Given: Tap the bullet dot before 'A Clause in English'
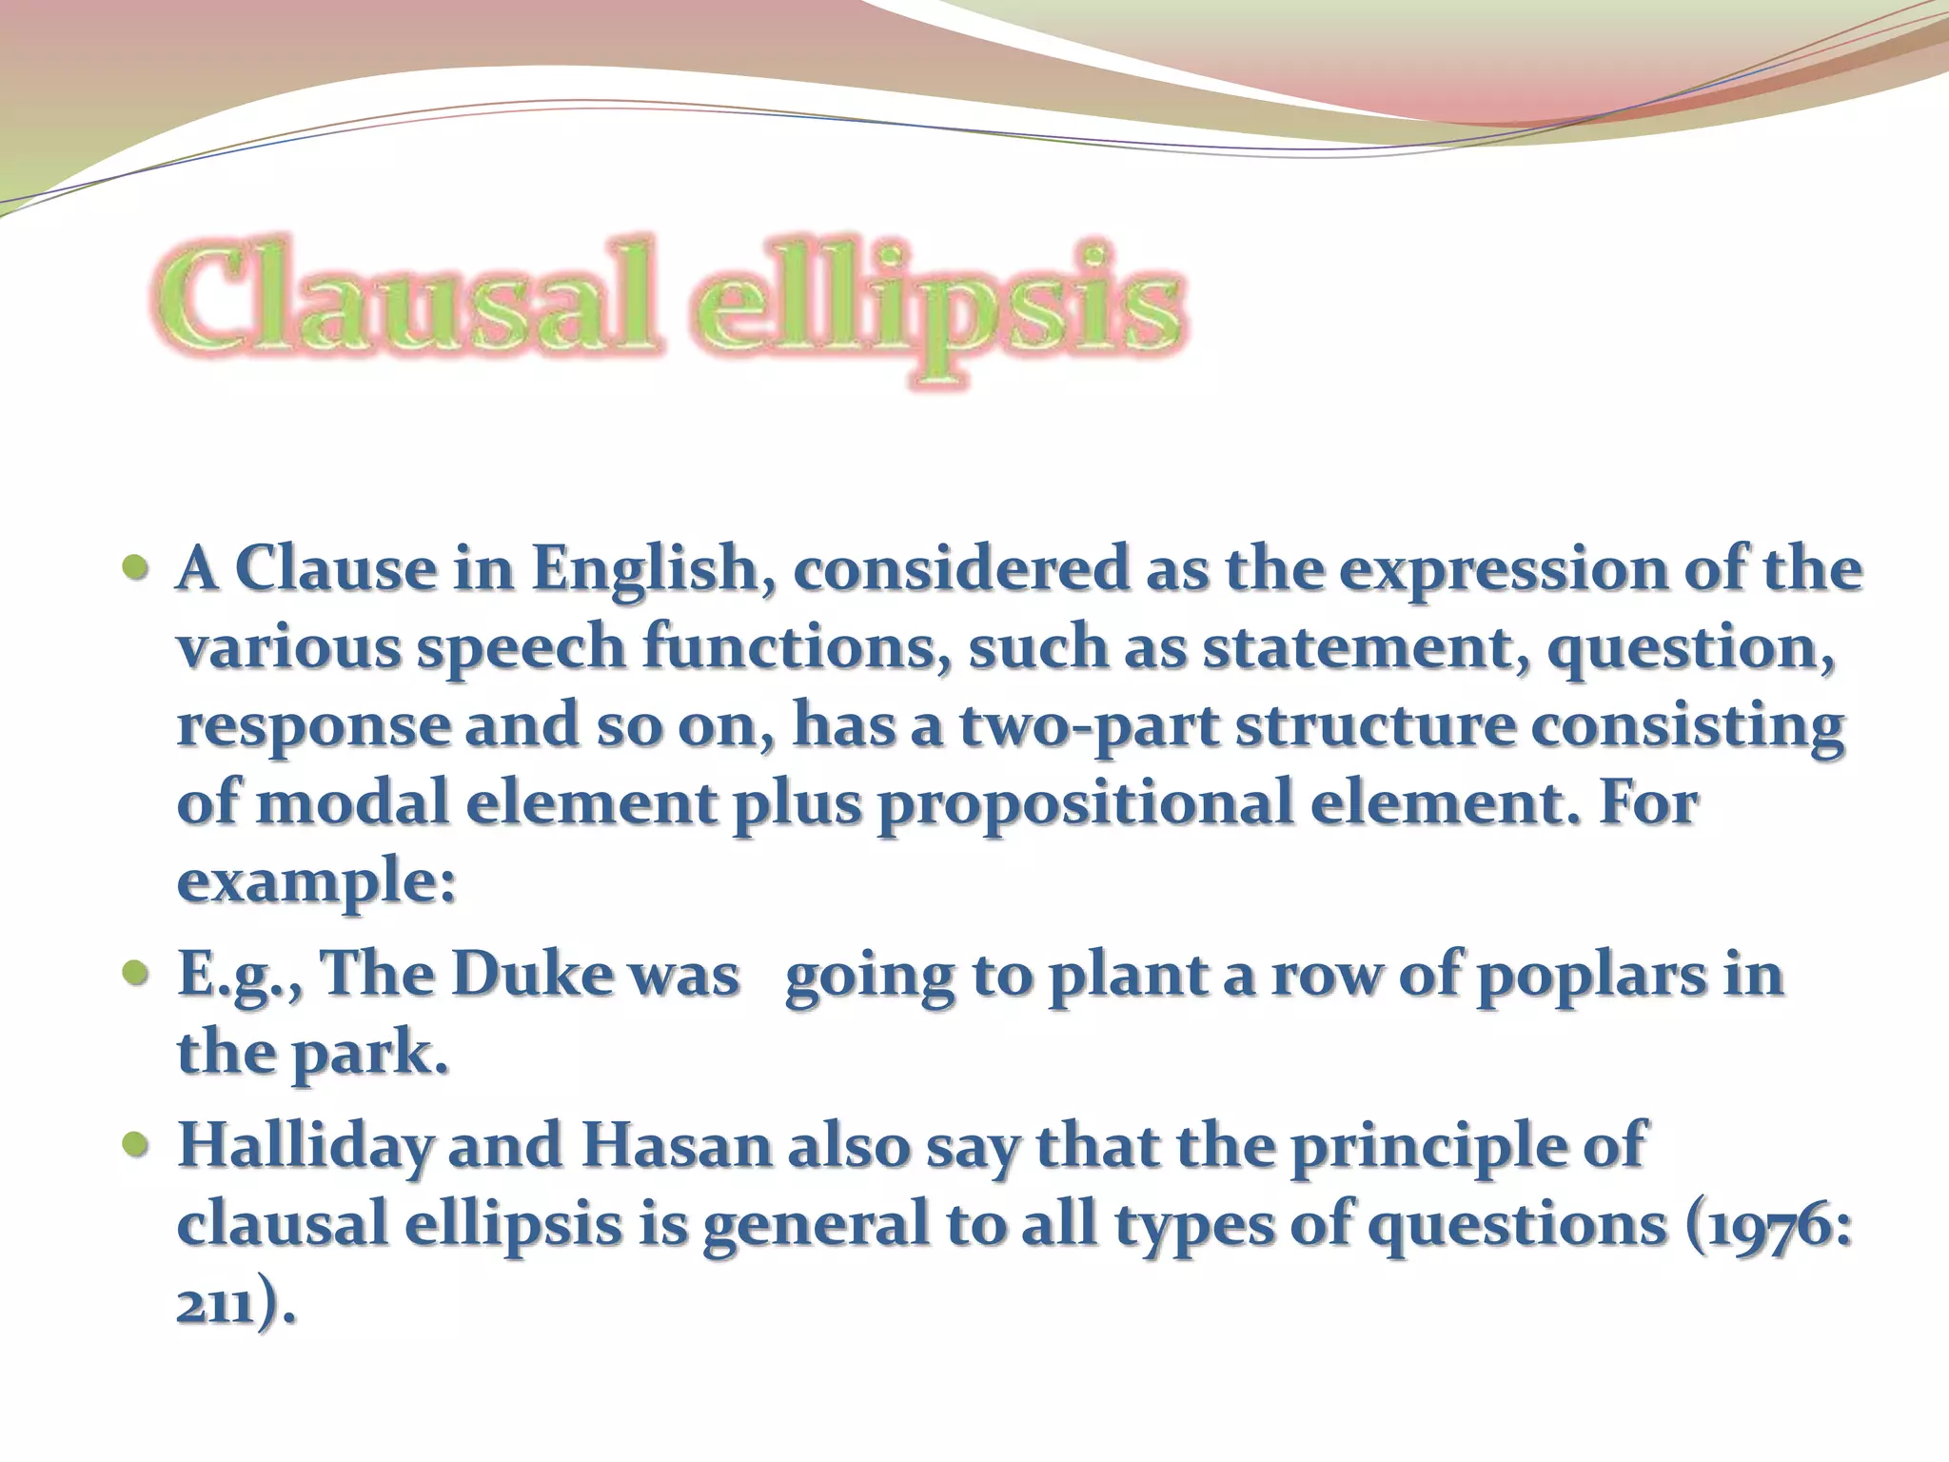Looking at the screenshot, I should pyautogui.click(x=136, y=568).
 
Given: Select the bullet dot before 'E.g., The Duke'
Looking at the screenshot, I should pyautogui.click(x=136, y=973).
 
